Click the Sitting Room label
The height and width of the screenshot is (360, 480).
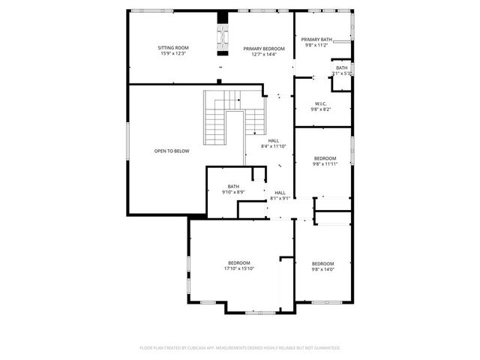click(x=172, y=47)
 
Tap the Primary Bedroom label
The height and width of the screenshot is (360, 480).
click(x=264, y=48)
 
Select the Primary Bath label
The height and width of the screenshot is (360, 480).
click(x=316, y=39)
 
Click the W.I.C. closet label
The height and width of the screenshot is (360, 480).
click(x=320, y=103)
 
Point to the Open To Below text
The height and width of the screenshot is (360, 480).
click(x=172, y=151)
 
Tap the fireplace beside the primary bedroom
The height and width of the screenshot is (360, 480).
click(x=222, y=34)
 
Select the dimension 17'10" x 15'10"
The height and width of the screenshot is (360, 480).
click(x=239, y=268)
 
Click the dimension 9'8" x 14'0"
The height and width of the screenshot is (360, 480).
click(x=322, y=268)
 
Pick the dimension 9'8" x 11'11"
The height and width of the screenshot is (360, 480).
click(x=325, y=163)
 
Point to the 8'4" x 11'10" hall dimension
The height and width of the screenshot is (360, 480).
click(x=274, y=146)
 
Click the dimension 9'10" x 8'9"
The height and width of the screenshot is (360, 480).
click(x=234, y=193)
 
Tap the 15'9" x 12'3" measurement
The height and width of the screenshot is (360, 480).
click(x=172, y=53)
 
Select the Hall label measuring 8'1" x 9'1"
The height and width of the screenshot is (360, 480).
click(x=280, y=193)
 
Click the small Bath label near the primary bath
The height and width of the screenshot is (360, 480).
click(x=341, y=67)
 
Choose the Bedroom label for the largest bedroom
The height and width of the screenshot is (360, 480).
click(x=239, y=262)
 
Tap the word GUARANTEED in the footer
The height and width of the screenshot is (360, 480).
click(x=325, y=348)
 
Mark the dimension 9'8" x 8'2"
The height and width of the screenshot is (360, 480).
click(x=320, y=109)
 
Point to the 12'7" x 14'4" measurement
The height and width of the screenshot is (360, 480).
click(x=264, y=54)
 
